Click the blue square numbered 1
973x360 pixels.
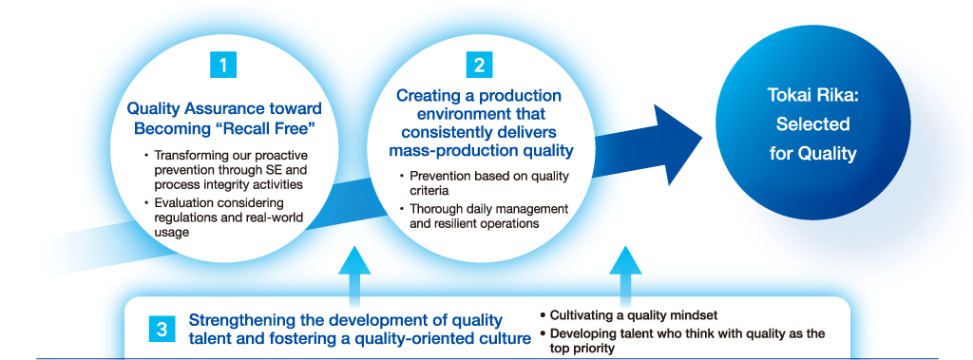pyautogui.click(x=223, y=66)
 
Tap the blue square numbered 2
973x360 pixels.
pyautogui.click(x=479, y=66)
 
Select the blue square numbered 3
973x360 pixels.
pyautogui.click(x=162, y=329)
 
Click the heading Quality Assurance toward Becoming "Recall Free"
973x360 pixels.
pyautogui.click(x=224, y=119)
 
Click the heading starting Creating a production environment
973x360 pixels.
pyautogui.click(x=479, y=123)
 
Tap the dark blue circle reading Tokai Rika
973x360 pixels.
pyautogui.click(x=813, y=124)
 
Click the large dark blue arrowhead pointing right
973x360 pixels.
pyautogui.click(x=676, y=144)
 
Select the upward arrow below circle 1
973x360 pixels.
pyautogui.click(x=355, y=278)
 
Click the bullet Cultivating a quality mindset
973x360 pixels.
pyautogui.click(x=629, y=315)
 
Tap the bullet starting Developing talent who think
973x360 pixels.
pyautogui.click(x=682, y=341)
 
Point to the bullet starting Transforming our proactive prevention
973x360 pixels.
pyautogui.click(x=225, y=169)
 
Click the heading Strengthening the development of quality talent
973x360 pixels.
pyautogui.click(x=360, y=329)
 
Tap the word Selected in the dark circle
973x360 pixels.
pyautogui.click(x=813, y=124)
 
